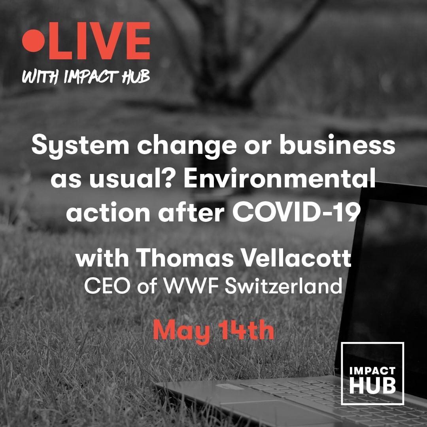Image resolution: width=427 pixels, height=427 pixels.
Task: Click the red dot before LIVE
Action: pyautogui.click(x=33, y=41)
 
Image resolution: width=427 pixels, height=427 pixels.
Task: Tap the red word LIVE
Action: pyautogui.click(x=99, y=41)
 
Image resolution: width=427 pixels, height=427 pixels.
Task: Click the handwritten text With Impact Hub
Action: pyautogui.click(x=86, y=77)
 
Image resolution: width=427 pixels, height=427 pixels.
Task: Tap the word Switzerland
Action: pyautogui.click(x=283, y=286)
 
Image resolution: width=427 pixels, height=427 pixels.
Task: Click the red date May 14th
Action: pyautogui.click(x=213, y=331)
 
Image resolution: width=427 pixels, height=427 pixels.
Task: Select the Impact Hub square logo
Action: pyautogui.click(x=372, y=373)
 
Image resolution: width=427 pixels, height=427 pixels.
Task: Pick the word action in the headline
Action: pyautogui.click(x=108, y=212)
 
